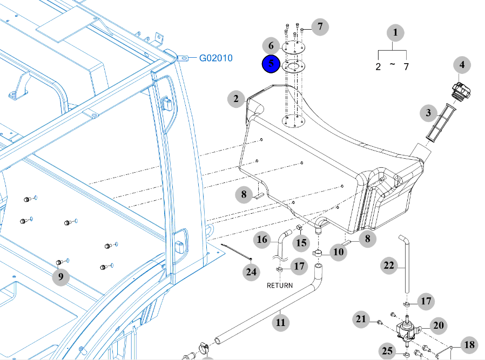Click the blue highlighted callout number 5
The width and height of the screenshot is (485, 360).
(x=271, y=64)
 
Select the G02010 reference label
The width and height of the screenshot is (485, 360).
(x=215, y=58)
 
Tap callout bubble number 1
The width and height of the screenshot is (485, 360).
(x=395, y=32)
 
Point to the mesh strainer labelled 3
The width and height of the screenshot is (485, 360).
(x=441, y=123)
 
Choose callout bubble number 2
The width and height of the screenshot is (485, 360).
(x=236, y=99)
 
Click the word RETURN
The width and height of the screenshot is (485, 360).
(x=280, y=286)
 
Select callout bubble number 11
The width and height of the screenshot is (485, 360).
(x=280, y=323)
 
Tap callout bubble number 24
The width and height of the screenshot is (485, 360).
(x=251, y=272)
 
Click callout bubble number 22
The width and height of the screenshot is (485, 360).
(x=389, y=266)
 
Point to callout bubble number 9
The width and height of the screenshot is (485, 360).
(x=60, y=276)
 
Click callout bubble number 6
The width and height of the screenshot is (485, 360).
(x=271, y=46)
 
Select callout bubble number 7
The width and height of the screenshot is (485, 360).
(x=320, y=26)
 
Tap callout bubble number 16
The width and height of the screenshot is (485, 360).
(x=262, y=240)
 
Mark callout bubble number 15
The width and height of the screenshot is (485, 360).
(x=301, y=242)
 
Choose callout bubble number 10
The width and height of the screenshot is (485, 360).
(x=339, y=252)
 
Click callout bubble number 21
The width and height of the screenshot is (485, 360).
(x=361, y=319)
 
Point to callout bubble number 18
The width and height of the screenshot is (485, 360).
(x=469, y=344)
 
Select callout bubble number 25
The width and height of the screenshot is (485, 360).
(x=387, y=351)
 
